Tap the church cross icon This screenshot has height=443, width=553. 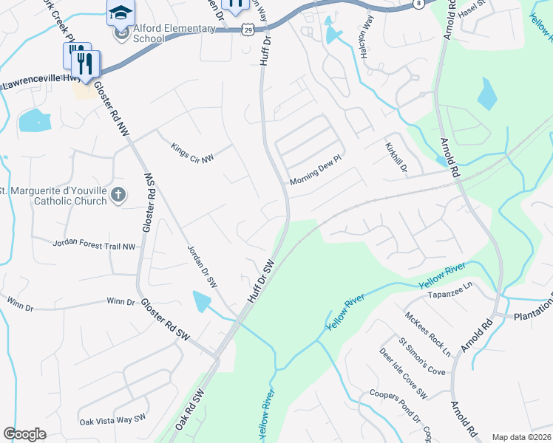click(x=118, y=195)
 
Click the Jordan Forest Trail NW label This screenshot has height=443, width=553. click(x=95, y=244)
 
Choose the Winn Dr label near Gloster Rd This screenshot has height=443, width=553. click(x=121, y=301)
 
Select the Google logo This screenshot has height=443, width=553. click(x=24, y=434)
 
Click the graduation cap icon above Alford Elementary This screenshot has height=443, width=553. click(x=121, y=11)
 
